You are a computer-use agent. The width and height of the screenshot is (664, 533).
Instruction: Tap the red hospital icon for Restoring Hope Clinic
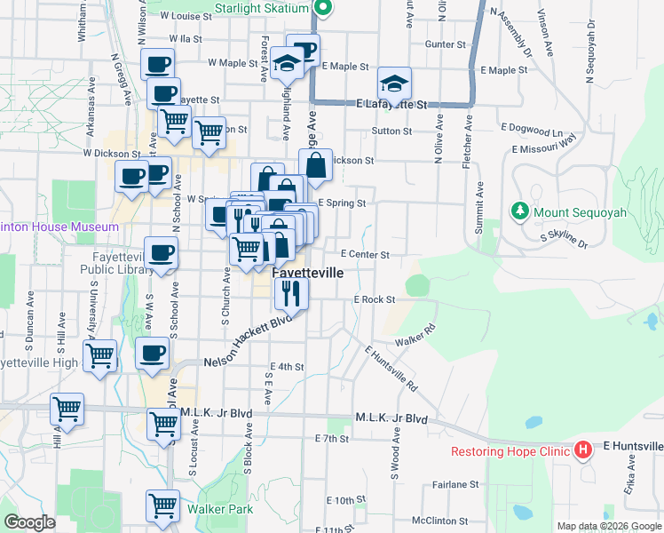(x=582, y=450)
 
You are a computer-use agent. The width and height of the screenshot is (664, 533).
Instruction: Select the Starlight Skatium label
(x=263, y=8)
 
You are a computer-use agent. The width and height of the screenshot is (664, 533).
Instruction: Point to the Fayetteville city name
(x=307, y=273)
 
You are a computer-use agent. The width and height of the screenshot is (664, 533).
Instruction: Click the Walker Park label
(x=219, y=509)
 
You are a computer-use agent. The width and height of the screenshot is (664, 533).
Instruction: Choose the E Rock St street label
(x=374, y=300)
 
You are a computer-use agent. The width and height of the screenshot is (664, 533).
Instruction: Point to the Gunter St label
(x=446, y=44)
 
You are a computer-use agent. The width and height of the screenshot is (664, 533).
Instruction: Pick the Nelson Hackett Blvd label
(x=248, y=342)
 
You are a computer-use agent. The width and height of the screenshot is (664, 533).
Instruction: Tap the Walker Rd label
(x=415, y=335)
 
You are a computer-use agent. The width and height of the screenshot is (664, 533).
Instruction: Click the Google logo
(x=30, y=522)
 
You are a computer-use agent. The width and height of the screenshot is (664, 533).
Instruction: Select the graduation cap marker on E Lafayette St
(x=394, y=84)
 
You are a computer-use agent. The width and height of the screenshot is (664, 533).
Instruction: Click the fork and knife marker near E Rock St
(x=290, y=291)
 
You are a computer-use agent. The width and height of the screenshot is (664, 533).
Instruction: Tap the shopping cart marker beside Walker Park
(x=163, y=506)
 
